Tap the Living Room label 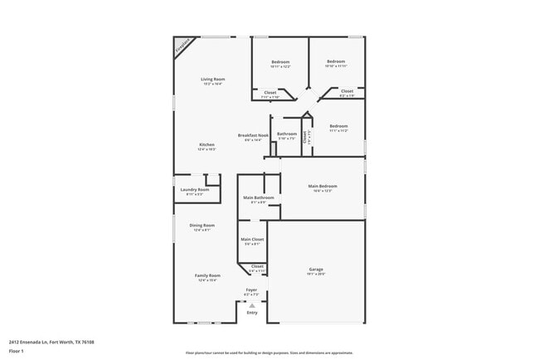[x=213, y=80]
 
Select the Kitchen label [x=206, y=145]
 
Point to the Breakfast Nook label [x=253, y=135]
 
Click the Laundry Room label [x=195, y=190]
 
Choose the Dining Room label [x=203, y=226]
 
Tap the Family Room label [x=207, y=275]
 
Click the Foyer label [x=251, y=290]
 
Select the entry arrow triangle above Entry [x=252, y=304]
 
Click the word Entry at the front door [x=252, y=313]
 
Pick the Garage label [x=315, y=270]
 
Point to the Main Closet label [x=252, y=240]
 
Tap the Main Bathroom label [x=259, y=197]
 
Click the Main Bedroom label [x=323, y=186]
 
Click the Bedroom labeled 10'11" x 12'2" [x=281, y=62]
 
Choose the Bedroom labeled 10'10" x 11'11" [x=335, y=61]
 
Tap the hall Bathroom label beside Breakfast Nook [x=287, y=134]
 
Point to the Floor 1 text [x=17, y=353]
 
